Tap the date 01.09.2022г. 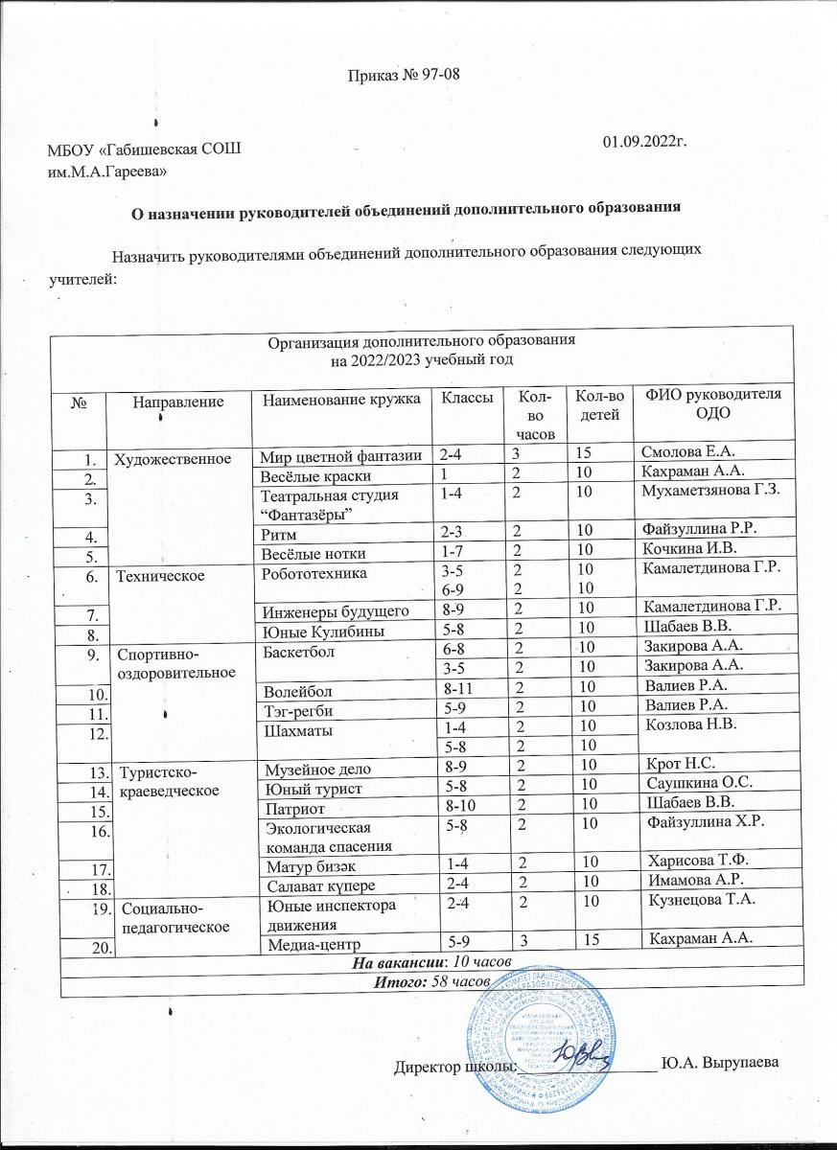(x=642, y=142)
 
